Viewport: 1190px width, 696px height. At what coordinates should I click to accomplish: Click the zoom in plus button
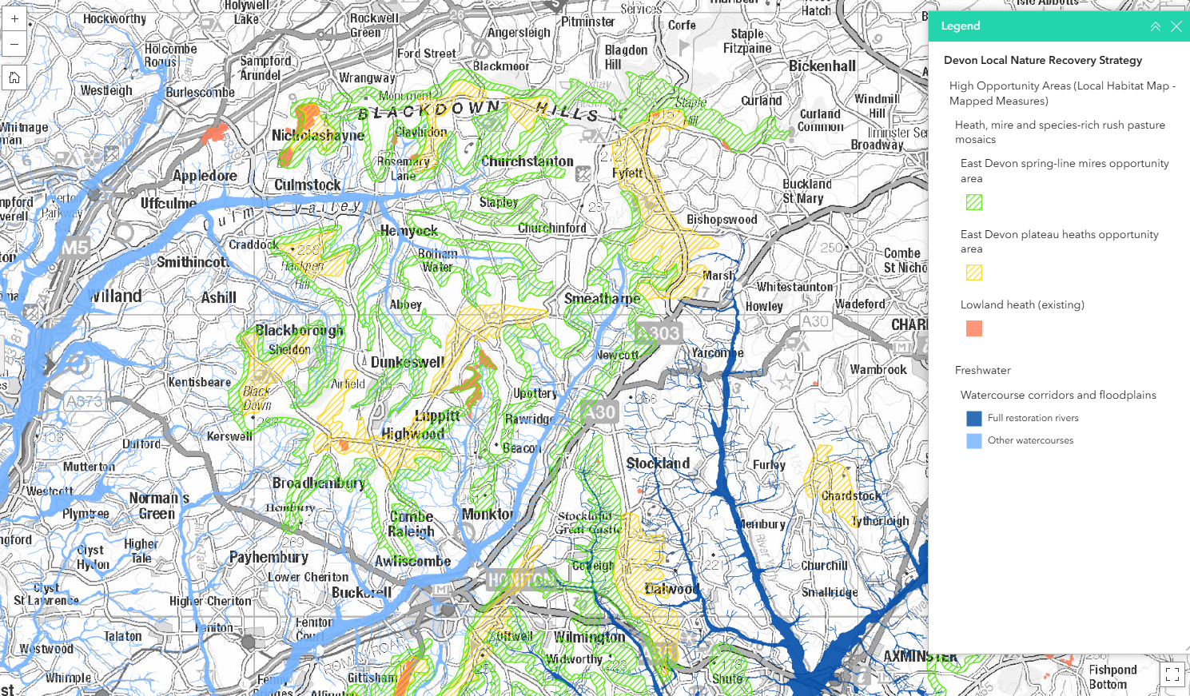[x=14, y=18]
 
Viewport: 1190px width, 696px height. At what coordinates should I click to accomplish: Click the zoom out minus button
[x=14, y=44]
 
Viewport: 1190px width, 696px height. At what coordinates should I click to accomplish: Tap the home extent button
[x=14, y=78]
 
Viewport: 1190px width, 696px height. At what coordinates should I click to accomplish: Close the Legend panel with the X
[x=1176, y=26]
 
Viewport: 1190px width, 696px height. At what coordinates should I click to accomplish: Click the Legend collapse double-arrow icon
[x=1155, y=26]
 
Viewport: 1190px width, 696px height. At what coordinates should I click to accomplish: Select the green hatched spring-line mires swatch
[x=973, y=202]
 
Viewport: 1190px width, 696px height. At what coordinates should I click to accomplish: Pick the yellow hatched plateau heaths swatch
[x=973, y=272]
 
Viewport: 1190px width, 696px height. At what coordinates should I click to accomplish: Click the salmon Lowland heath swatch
[x=973, y=328]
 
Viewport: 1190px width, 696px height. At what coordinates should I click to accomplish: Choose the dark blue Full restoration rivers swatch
[x=973, y=418]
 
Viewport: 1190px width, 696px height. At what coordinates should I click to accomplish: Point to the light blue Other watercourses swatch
[x=973, y=440]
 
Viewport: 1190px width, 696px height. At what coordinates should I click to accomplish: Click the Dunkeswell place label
[x=407, y=362]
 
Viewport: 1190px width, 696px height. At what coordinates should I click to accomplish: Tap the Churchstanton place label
[x=527, y=161]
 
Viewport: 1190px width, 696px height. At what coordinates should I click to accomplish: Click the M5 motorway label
[x=75, y=248]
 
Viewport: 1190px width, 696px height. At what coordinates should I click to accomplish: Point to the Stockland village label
[x=658, y=463]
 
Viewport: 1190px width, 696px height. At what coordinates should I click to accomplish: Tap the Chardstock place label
[x=851, y=496]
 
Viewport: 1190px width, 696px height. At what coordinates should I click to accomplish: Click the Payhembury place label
[x=269, y=557]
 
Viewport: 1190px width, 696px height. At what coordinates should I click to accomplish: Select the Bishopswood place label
[x=722, y=220]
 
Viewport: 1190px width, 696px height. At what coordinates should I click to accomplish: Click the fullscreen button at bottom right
[x=1172, y=674]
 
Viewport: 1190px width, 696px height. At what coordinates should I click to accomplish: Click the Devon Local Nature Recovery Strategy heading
[x=1042, y=60]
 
